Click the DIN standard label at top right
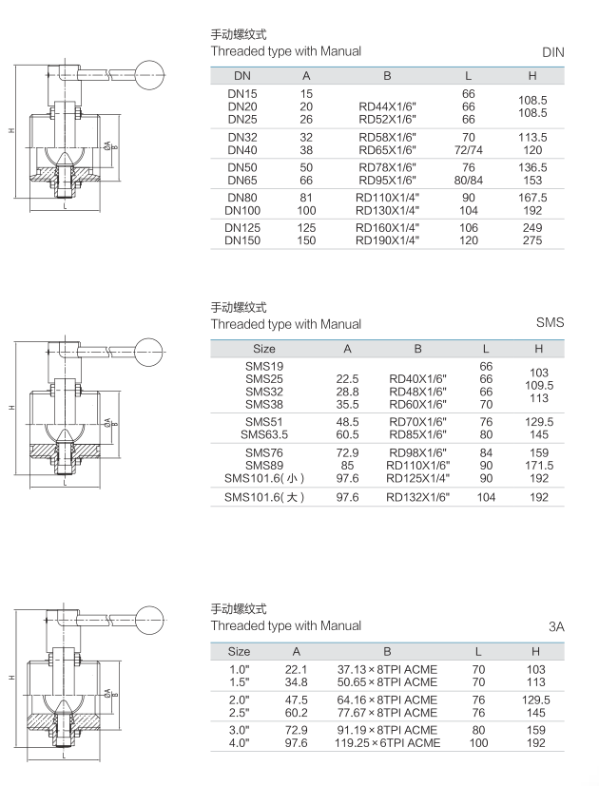[552, 52]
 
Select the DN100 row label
[242, 211]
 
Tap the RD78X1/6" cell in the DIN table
[387, 167]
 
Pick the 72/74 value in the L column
[468, 150]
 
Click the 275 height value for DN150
[532, 240]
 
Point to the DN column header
[242, 76]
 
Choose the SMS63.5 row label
[264, 434]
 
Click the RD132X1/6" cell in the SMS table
[417, 497]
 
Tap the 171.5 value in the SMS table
[539, 465]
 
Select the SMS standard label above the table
[550, 322]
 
